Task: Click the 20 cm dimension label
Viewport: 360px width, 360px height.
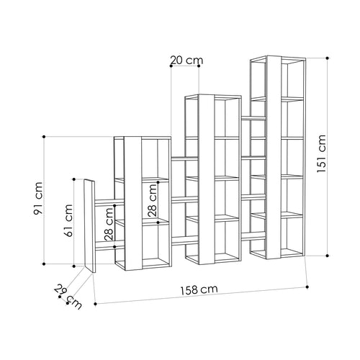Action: pyautogui.click(x=186, y=60)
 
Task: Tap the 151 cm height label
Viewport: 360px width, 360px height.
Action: pyautogui.click(x=321, y=153)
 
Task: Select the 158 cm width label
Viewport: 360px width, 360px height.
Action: pyautogui.click(x=199, y=289)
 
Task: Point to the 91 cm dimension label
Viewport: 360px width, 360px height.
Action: pyautogui.click(x=38, y=198)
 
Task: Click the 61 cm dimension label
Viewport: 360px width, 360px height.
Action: pyautogui.click(x=68, y=220)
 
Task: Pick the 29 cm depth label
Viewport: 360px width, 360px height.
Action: pyautogui.click(x=68, y=297)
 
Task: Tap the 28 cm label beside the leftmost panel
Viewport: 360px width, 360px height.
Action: pyautogui.click(x=109, y=224)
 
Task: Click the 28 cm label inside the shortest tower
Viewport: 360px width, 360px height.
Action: pyautogui.click(x=152, y=200)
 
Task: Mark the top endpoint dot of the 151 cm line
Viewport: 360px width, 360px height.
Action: pyautogui.click(x=328, y=58)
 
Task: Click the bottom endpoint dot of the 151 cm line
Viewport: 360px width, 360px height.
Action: pyautogui.click(x=328, y=256)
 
